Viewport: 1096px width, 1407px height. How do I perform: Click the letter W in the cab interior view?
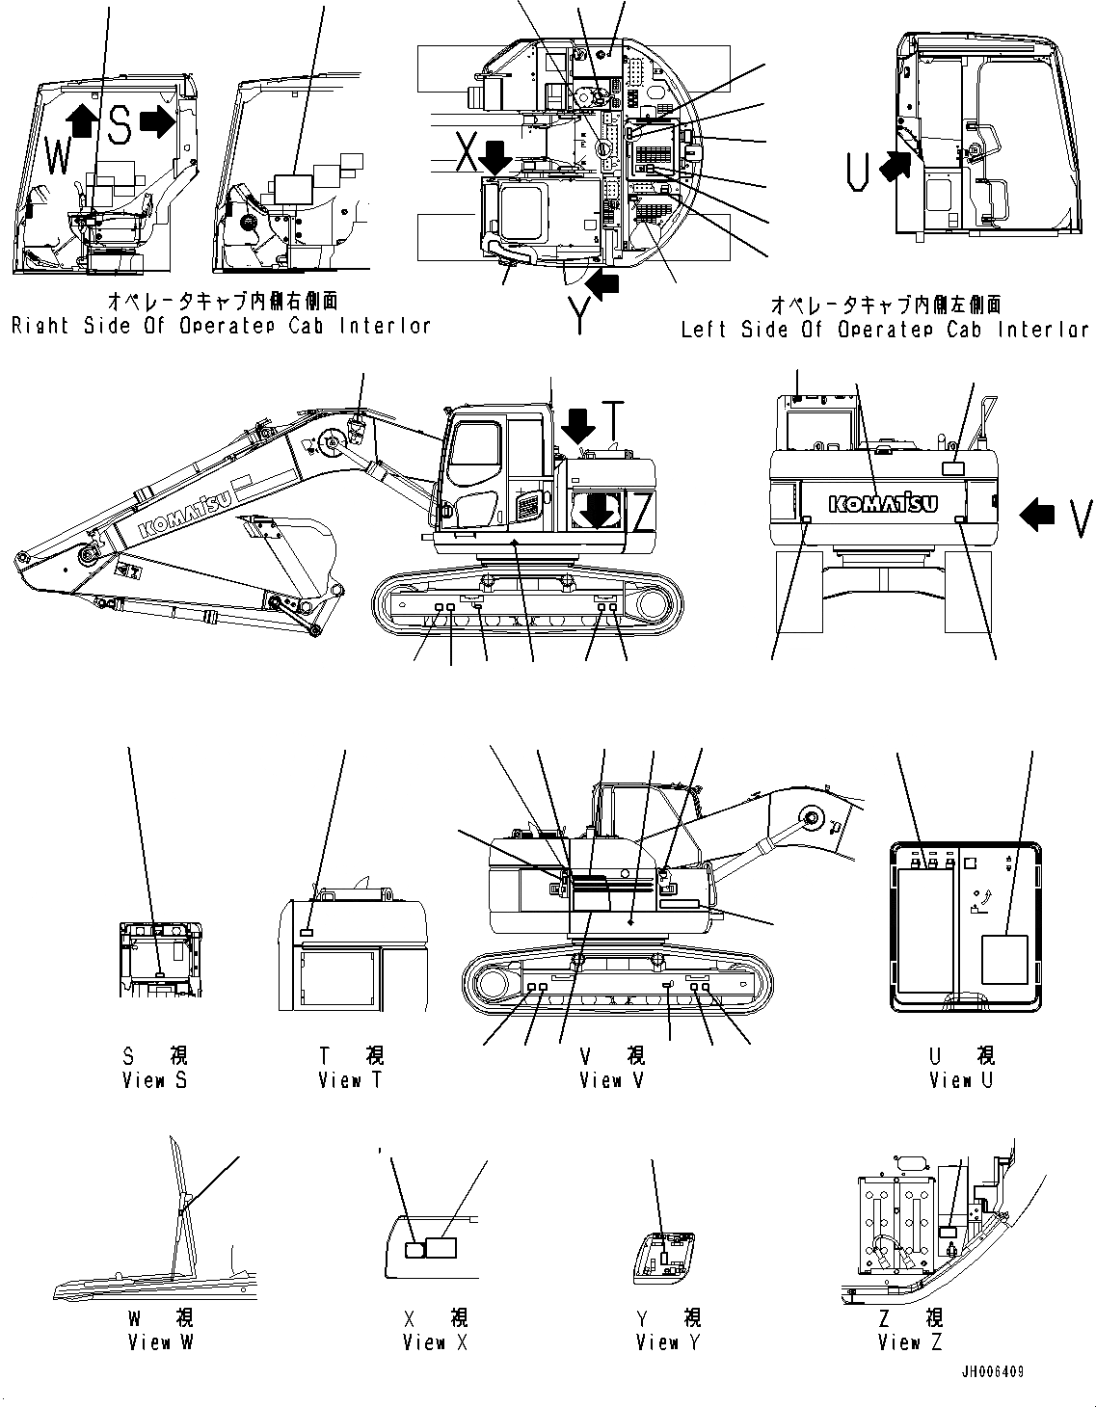pyautogui.click(x=58, y=155)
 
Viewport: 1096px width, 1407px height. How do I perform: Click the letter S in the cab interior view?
pyautogui.click(x=118, y=125)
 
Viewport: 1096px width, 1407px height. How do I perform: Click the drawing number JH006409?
pyautogui.click(x=992, y=1371)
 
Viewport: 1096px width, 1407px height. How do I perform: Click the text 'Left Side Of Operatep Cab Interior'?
pyautogui.click(x=885, y=330)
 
